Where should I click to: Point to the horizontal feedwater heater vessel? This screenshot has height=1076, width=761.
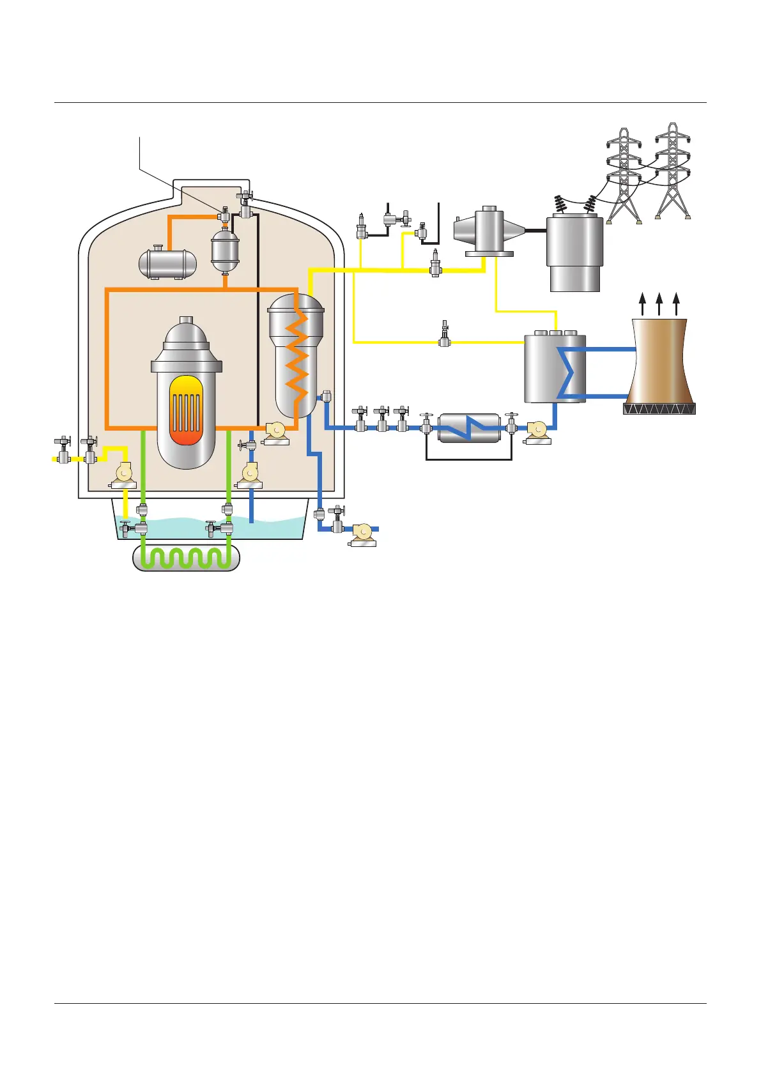469,428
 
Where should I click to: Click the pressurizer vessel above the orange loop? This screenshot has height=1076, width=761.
225,250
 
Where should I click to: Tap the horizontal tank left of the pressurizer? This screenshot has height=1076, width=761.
167,263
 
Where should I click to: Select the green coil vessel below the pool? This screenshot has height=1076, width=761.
186,558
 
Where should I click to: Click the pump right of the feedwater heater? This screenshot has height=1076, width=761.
537,431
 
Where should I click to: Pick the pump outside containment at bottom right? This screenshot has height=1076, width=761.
363,534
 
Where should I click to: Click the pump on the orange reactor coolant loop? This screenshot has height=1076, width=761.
276,432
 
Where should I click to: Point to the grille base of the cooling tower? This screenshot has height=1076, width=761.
659,409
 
